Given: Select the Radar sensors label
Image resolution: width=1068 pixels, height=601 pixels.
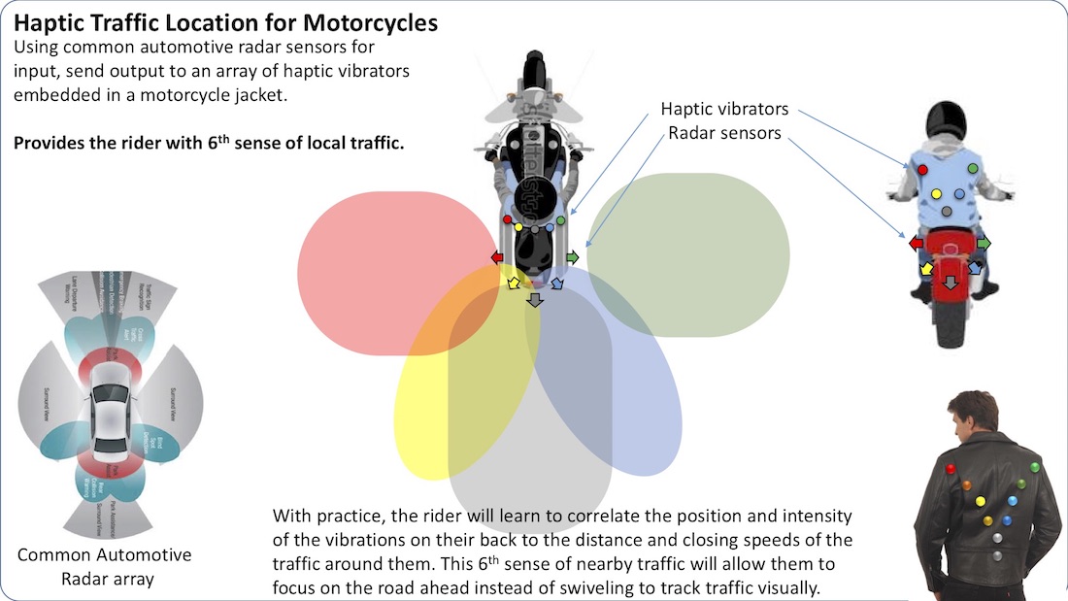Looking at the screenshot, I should [x=724, y=133].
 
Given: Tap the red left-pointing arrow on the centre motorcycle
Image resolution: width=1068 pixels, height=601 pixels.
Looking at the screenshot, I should [x=497, y=257].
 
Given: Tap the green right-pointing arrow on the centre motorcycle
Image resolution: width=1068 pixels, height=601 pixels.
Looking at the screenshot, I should [x=572, y=257].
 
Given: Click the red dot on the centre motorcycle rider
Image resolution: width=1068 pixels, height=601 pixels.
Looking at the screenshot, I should [x=508, y=220].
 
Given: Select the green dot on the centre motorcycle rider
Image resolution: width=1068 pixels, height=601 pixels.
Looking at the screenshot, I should [x=561, y=221].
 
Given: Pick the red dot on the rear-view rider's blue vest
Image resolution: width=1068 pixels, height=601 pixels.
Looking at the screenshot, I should [x=921, y=170].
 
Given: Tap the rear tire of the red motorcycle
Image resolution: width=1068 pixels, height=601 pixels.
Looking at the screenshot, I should [x=951, y=325].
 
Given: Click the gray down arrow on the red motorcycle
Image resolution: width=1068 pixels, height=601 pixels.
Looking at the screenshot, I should [x=951, y=283].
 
